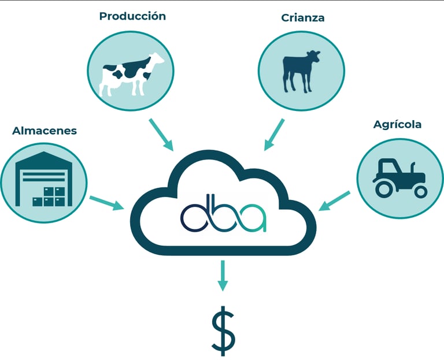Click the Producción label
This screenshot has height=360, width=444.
pyautogui.click(x=132, y=16)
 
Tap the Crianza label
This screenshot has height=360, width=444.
pyautogui.click(x=302, y=17)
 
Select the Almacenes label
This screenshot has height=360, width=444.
pyautogui.click(x=45, y=131)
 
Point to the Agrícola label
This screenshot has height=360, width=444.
pyautogui.click(x=397, y=124)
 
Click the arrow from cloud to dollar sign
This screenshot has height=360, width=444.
pyautogui.click(x=223, y=277)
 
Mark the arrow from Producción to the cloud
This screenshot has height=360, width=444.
pyautogui.click(x=161, y=135)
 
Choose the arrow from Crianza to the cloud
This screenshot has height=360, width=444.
pyautogui.click(x=274, y=134)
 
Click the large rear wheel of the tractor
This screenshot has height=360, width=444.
pyautogui.click(x=383, y=187)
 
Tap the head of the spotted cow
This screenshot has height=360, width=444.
pyautogui.click(x=156, y=60)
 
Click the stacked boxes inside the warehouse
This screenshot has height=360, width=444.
pyautogui.click(x=50, y=196)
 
